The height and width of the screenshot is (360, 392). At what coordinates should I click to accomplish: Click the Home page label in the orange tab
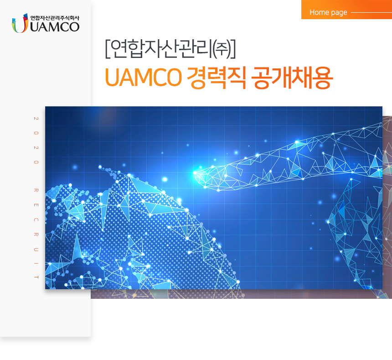click(328, 12)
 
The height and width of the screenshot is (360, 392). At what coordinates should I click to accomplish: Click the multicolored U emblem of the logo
click(19, 25)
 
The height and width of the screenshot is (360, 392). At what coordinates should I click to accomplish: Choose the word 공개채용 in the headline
click(292, 78)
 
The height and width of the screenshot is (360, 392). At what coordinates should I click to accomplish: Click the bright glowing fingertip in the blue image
click(197, 172)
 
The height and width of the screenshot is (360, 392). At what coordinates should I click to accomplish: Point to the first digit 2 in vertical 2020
click(36, 119)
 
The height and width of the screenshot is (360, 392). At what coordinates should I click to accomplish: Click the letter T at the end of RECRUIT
click(36, 277)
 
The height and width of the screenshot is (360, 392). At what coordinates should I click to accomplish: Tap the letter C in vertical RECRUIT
click(36, 220)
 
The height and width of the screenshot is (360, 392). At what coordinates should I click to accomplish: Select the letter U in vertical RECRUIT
click(36, 249)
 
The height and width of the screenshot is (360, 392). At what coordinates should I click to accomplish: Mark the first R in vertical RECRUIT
click(36, 191)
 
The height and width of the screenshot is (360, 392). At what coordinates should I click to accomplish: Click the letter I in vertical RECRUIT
click(36, 264)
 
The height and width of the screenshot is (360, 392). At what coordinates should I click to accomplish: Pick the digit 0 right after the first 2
click(36, 133)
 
